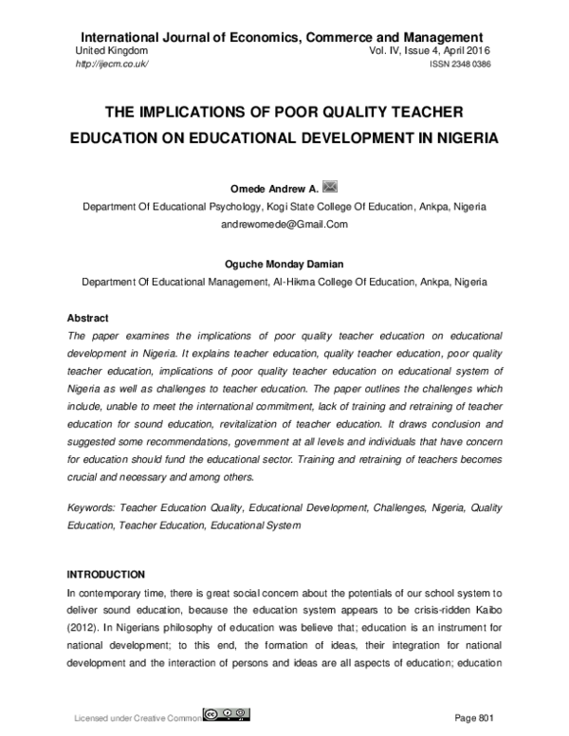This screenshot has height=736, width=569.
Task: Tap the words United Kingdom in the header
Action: click(110, 50)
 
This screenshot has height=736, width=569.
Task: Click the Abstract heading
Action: click(87, 318)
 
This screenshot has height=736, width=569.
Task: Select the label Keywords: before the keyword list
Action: click(91, 507)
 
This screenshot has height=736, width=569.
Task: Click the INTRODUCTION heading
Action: click(105, 575)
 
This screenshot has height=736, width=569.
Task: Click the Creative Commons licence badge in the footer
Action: click(227, 712)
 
